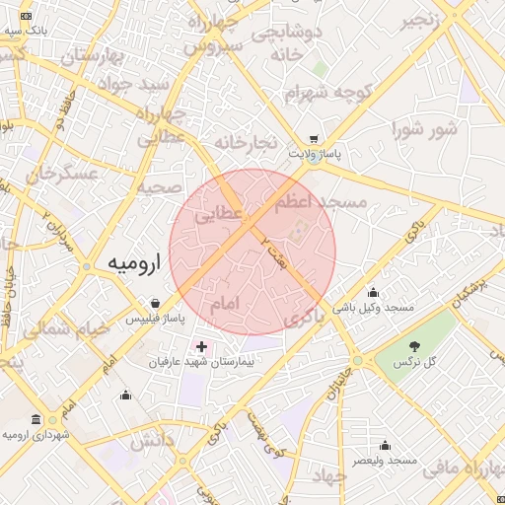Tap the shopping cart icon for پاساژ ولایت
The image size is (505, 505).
pos(314,140)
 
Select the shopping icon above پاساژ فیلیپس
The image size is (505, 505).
pos(156,304)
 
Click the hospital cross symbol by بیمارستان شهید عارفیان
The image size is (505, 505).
pos(202,347)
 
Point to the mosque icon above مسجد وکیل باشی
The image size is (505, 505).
pos(373,292)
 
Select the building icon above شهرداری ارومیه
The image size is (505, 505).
pos(36,418)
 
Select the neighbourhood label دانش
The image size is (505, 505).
pos(152,438)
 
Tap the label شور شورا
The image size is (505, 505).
pos(425,128)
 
